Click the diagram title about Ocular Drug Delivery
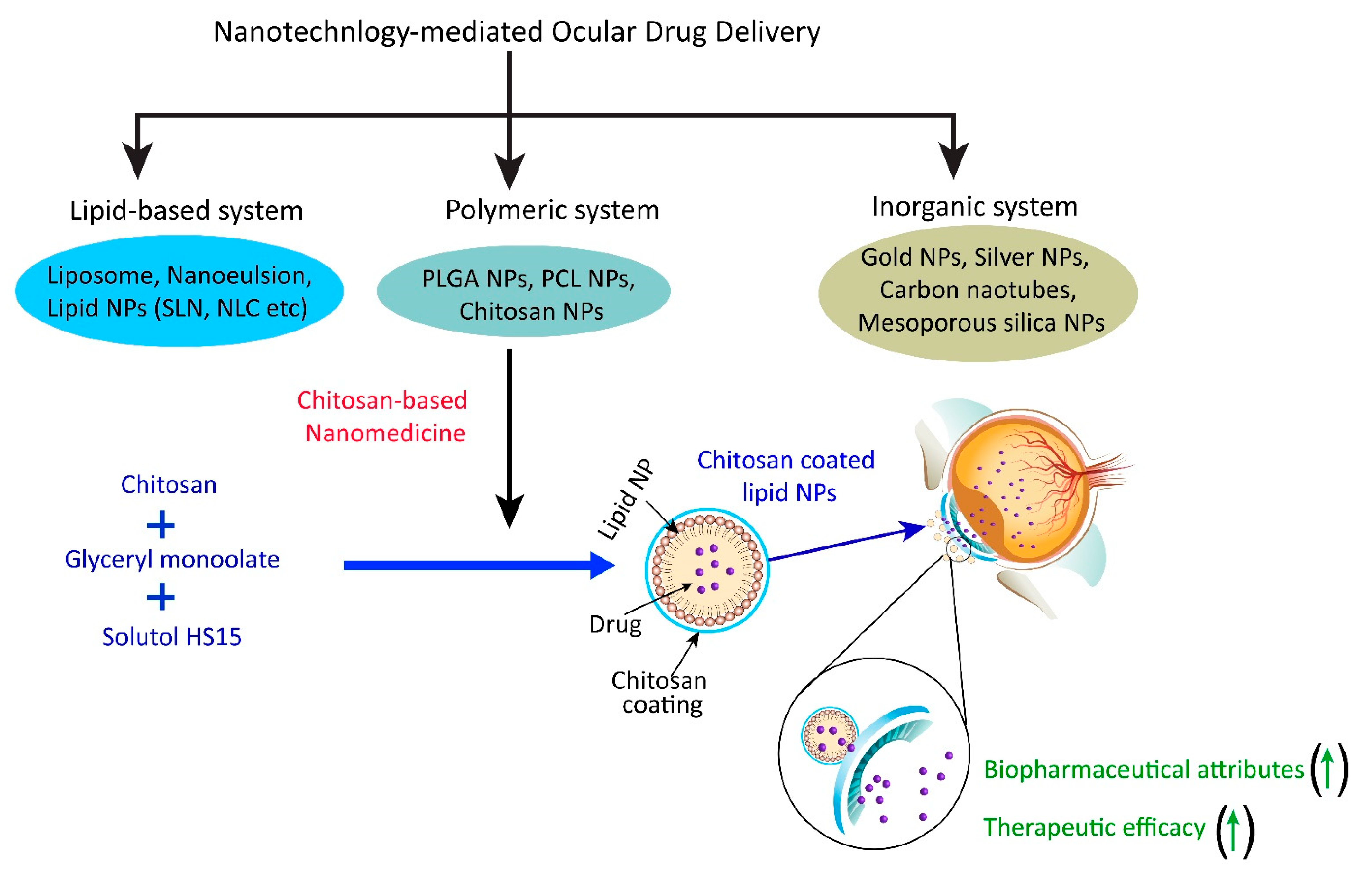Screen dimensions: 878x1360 click(x=516, y=32)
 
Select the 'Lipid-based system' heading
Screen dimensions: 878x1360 click(x=186, y=210)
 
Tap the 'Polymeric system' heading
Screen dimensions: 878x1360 click(x=552, y=210)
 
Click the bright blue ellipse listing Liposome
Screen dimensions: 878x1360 click(x=179, y=291)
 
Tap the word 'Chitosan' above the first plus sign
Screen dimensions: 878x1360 click(x=169, y=485)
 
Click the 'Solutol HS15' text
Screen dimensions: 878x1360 click(x=171, y=637)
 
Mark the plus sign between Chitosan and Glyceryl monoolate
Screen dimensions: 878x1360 click(x=161, y=525)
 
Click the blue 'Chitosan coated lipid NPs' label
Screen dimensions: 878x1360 click(x=786, y=476)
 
